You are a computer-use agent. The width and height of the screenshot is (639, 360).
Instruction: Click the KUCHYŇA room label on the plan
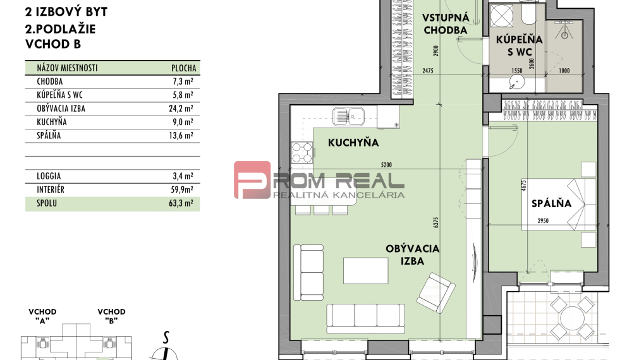353,143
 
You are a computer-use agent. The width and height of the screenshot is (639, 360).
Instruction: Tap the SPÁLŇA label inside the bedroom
551,203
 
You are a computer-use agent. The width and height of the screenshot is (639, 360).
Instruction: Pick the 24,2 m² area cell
185,108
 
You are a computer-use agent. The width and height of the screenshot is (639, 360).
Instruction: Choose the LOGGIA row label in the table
49,176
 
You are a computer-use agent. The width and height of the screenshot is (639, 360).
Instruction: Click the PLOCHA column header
184,68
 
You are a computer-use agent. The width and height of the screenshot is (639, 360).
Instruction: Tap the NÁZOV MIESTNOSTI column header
68,68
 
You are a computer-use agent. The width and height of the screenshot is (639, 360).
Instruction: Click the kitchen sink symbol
348,116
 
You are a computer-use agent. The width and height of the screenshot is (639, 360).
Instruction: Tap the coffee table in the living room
365,270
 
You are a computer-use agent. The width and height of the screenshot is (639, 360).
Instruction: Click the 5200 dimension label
391,165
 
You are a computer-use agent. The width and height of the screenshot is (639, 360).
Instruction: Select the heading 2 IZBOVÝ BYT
66,12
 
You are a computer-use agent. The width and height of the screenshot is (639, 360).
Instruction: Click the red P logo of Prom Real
252,180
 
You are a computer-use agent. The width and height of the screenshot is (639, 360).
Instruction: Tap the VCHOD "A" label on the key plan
43,316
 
